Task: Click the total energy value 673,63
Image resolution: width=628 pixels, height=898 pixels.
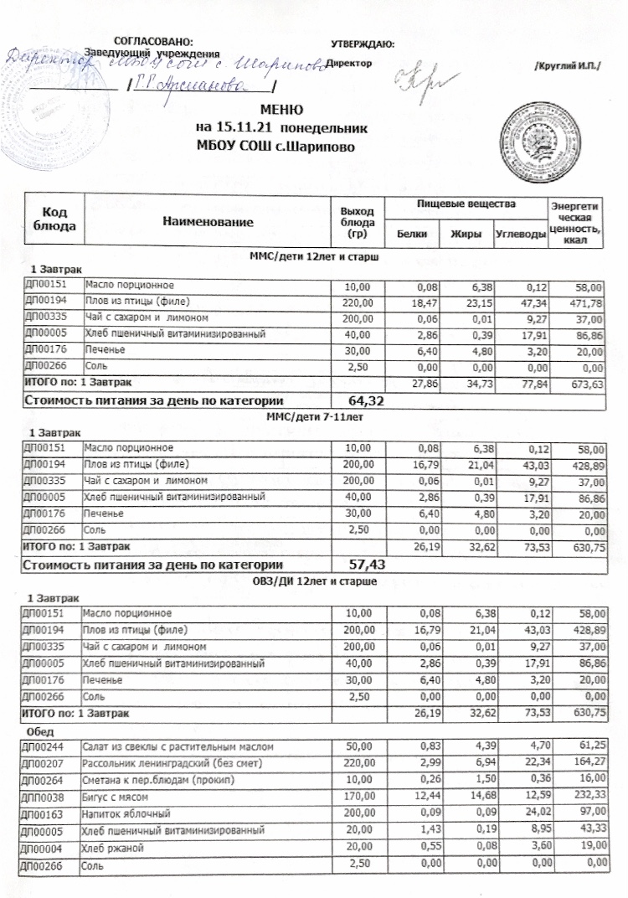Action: (x=587, y=384)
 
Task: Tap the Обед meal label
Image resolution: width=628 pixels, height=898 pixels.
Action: (x=43, y=731)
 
